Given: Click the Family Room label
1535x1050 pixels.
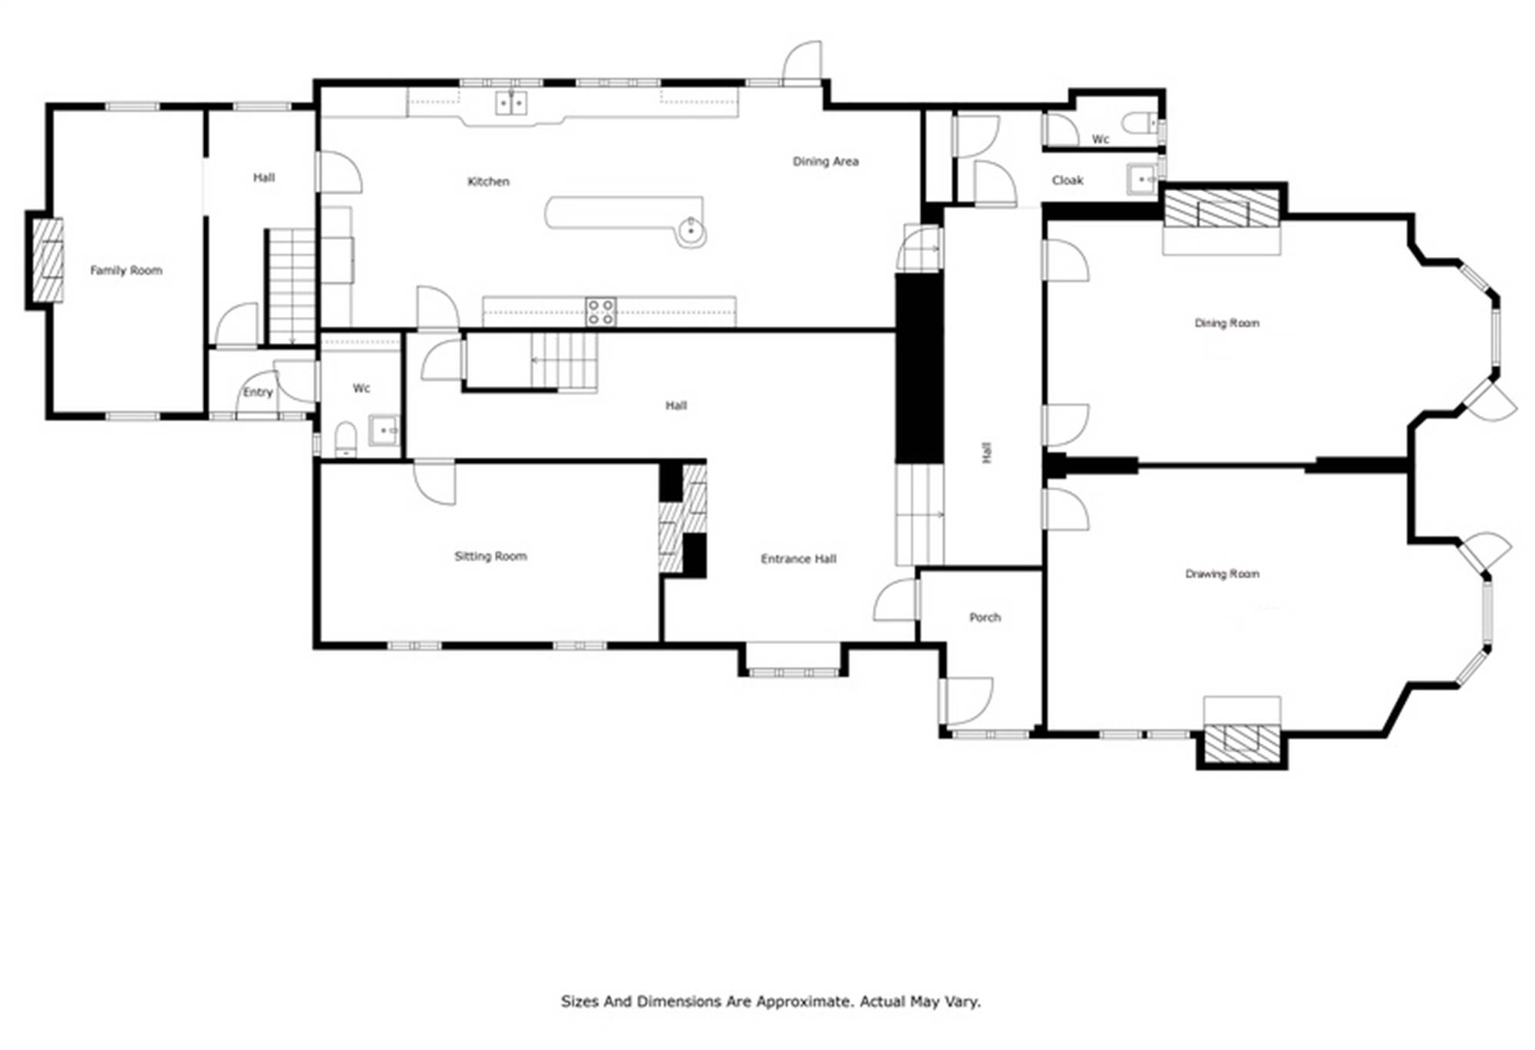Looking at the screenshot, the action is (126, 270).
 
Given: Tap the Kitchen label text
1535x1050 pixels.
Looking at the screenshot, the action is (489, 181).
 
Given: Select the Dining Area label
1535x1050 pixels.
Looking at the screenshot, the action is (826, 161).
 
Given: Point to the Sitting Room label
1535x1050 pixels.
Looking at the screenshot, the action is (490, 556).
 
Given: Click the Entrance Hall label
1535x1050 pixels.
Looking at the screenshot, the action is (798, 559).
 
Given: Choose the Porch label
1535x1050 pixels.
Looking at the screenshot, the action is (985, 617).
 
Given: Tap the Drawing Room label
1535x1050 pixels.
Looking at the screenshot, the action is (1222, 573).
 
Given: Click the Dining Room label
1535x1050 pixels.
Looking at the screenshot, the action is (1226, 323).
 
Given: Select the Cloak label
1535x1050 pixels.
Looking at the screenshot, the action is (1068, 180).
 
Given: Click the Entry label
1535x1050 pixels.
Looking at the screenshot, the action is (258, 392).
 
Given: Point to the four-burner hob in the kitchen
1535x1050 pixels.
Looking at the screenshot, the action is (600, 312).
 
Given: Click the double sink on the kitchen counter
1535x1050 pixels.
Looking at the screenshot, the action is (511, 103).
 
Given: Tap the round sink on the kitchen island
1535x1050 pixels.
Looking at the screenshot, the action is (692, 230).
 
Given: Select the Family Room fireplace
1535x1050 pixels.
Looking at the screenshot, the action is (46, 260).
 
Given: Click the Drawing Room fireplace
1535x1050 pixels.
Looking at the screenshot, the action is (1242, 744).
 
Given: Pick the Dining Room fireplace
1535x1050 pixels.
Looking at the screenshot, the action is (1222, 208).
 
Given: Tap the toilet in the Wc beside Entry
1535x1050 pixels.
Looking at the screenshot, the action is (346, 439).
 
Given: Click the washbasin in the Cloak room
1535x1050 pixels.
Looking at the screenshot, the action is (1144, 179).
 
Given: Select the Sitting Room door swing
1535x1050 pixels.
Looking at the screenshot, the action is (434, 483).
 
